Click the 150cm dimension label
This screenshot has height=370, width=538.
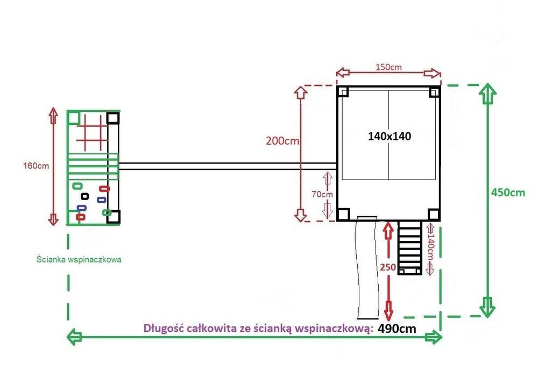tap(388, 67)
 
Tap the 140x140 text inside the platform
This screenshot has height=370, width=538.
tap(390, 137)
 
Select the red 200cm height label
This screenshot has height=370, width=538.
tap(282, 141)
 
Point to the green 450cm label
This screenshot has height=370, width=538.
tap(508, 193)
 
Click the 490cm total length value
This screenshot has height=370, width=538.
tap(397, 329)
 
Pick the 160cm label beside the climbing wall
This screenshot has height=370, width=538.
tap(36, 166)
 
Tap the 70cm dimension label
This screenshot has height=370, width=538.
tap(322, 195)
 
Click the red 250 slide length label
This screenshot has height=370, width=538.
tap(388, 267)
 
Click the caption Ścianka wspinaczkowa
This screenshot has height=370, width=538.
tap(79, 259)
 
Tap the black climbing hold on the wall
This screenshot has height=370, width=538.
tap(84, 196)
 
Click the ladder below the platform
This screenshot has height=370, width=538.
tap(409, 247)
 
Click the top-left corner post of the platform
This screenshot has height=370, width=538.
tap(343, 91)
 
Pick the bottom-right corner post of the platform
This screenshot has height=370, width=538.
tap(434, 215)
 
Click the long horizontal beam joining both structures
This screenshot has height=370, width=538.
tap(228, 166)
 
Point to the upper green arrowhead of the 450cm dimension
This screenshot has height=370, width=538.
tap(488, 93)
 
